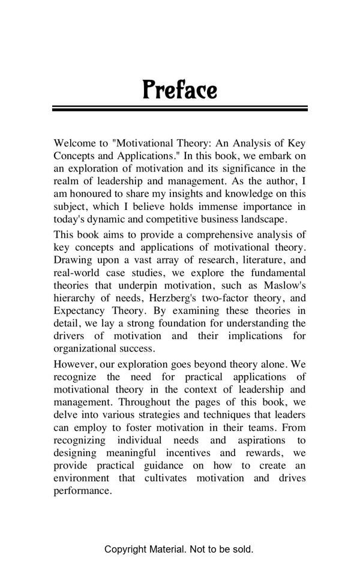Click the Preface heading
click(x=180, y=90)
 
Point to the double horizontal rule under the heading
click(x=180, y=109)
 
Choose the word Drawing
click(x=73, y=260)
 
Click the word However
click(x=76, y=364)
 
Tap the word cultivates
click(x=166, y=478)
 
